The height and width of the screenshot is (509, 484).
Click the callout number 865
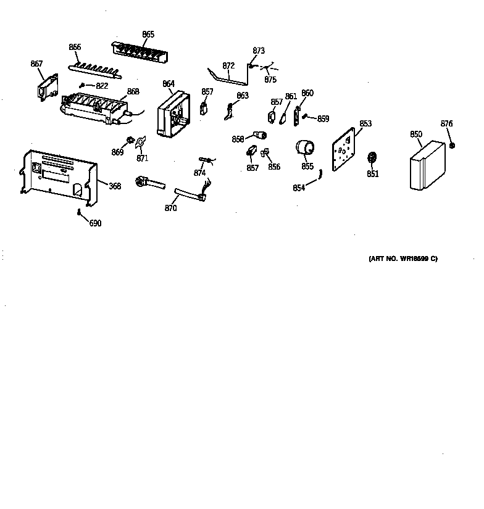[148, 35]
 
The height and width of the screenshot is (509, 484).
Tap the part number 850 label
[416, 134]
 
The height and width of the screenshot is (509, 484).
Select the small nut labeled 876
[452, 146]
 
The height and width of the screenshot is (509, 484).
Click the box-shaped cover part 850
[427, 165]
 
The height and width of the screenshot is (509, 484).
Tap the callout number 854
[299, 188]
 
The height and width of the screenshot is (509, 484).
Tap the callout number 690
[95, 223]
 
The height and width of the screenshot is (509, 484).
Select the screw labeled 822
[82, 86]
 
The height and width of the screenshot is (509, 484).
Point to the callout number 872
[228, 65]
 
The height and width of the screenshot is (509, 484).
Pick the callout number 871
[143, 159]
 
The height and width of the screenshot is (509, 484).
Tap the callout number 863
[243, 96]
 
